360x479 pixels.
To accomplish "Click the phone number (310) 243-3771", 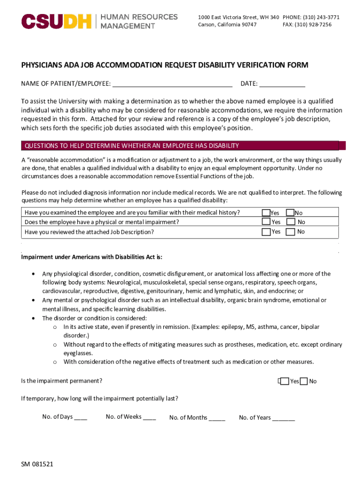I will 322,17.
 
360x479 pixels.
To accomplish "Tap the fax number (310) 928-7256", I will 313,25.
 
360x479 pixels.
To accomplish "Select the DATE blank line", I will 282,84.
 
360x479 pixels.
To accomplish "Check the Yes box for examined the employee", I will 266,213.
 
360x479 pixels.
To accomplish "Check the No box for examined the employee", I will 290,213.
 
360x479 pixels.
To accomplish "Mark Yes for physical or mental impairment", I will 266,222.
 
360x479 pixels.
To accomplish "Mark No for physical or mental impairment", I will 290,222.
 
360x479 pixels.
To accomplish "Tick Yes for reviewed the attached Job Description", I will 266,232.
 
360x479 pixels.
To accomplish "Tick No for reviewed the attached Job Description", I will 290,232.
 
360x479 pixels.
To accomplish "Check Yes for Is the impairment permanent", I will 283,381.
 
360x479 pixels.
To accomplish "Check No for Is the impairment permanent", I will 304,381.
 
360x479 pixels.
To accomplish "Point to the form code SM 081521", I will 37,464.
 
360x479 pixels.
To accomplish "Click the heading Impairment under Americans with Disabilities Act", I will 92,257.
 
